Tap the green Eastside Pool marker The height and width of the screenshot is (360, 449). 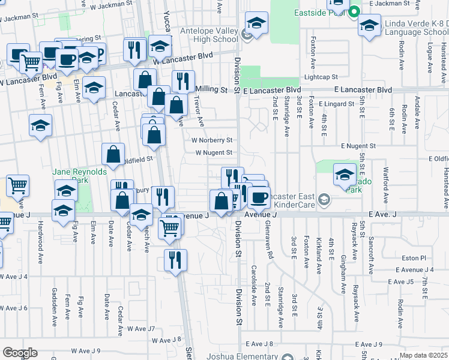[x=354, y=11]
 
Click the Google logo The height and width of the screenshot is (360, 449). [x=20, y=353]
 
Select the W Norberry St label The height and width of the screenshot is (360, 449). [x=211, y=140]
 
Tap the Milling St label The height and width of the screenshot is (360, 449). [x=211, y=89]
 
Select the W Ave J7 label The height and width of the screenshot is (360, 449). [x=140, y=329]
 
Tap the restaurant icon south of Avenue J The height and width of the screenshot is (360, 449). [x=175, y=260]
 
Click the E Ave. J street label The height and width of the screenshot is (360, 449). [x=384, y=214]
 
